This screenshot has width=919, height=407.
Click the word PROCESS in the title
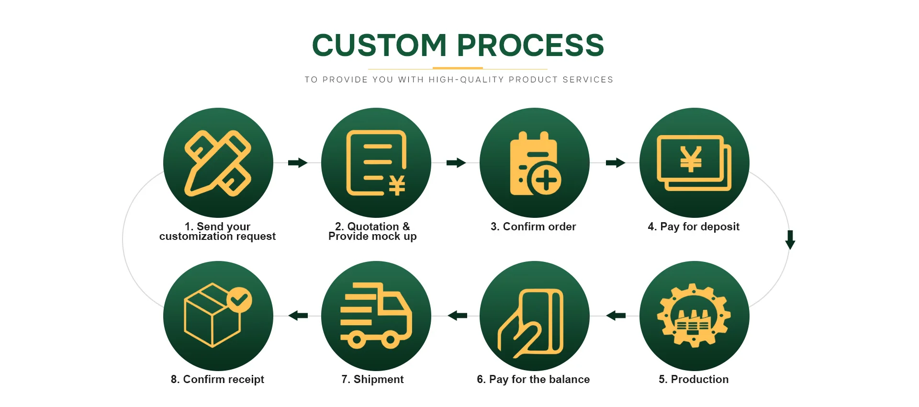click(530, 45)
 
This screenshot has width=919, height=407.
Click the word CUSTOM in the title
click(379, 45)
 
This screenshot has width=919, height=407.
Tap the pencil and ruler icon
click(218, 163)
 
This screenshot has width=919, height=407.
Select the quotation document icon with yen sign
click(376, 163)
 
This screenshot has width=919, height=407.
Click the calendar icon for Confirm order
click(534, 163)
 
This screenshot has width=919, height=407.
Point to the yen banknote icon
click(694, 163)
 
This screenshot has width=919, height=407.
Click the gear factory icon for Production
click(694, 316)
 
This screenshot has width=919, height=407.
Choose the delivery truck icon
click(376, 316)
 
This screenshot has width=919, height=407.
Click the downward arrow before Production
click(790, 239)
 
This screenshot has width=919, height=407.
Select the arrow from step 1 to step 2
click(298, 163)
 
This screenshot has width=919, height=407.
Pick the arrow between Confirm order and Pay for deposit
click(616, 163)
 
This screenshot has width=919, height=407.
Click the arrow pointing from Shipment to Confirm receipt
click(298, 316)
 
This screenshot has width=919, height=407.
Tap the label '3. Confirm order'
click(533, 226)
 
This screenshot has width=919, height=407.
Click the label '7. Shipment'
click(372, 379)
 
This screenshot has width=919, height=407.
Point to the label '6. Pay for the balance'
click(533, 379)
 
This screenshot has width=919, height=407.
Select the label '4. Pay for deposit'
click(694, 226)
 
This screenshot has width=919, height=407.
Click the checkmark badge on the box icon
click(239, 300)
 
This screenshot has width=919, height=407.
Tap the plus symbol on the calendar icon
click(546, 181)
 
